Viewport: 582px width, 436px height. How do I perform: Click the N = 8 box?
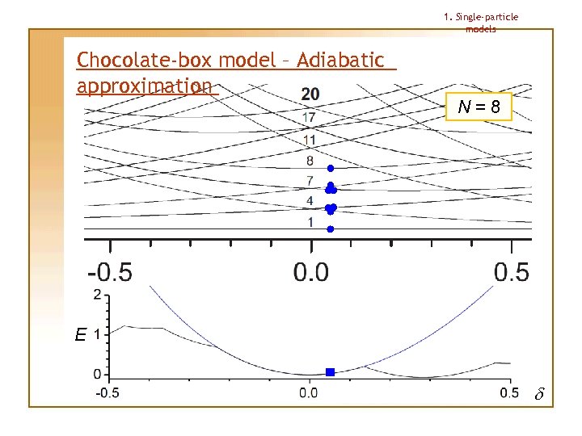click(x=479, y=107)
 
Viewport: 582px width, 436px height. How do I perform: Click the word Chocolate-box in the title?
click(x=142, y=61)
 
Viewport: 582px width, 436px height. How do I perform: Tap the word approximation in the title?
click(x=145, y=86)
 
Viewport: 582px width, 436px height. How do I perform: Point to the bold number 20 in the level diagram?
click(x=310, y=94)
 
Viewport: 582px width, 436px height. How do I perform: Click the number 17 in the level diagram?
click(x=310, y=118)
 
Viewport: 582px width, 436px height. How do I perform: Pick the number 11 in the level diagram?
click(x=310, y=140)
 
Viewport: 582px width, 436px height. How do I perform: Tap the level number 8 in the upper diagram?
click(x=310, y=161)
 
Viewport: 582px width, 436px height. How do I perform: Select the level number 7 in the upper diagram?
click(x=310, y=180)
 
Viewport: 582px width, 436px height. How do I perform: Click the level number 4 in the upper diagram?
click(x=310, y=201)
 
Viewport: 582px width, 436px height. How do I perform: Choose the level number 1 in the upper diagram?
click(x=310, y=222)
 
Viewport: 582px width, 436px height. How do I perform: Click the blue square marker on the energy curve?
click(x=330, y=372)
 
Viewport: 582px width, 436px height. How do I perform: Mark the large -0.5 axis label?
click(x=110, y=271)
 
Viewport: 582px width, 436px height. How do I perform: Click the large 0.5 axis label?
click(x=511, y=271)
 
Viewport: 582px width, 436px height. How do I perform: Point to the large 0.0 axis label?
click(x=311, y=271)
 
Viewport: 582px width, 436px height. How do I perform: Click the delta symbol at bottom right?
click(x=540, y=395)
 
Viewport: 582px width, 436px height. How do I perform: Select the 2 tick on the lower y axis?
click(x=98, y=295)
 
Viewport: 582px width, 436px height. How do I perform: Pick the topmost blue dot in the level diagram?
click(x=330, y=169)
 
